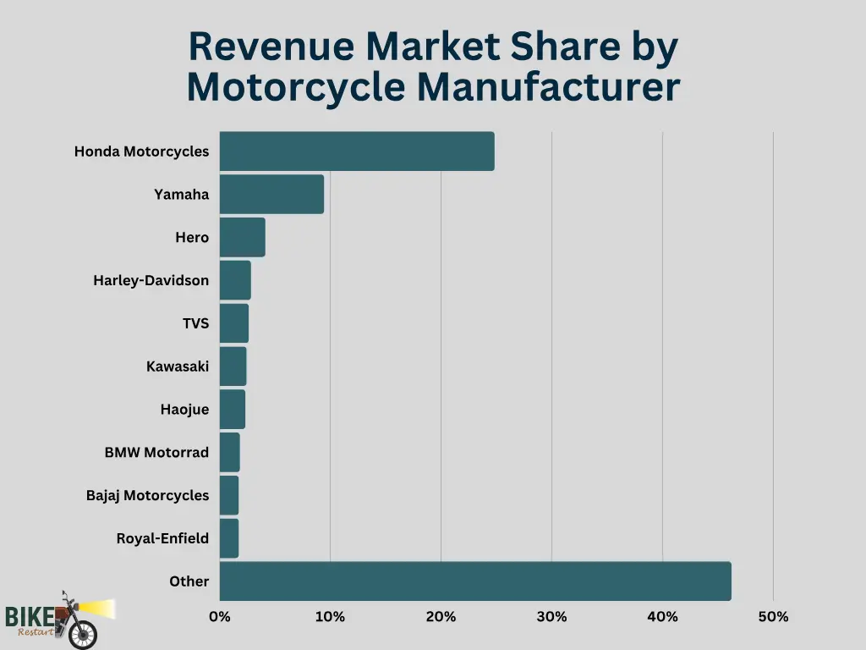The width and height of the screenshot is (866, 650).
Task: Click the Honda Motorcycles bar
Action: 356,151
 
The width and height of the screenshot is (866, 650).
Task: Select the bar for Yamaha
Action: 271,195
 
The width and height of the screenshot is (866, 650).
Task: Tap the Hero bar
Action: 242,238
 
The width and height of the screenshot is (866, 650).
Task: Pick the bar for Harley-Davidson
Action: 235,280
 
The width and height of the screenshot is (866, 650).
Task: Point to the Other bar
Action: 474,581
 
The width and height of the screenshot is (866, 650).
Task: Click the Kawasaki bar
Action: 233,366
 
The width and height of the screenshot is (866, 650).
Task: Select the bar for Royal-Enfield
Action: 229,538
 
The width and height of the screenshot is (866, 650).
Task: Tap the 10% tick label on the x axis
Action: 330,617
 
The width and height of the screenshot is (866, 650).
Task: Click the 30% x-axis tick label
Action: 551,617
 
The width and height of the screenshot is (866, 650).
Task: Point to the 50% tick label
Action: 773,617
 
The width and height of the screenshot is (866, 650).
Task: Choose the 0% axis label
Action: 220,617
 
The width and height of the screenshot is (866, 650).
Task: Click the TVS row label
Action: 195,323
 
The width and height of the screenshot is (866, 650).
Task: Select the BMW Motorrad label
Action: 156,453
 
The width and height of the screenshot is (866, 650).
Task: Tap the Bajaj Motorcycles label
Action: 147,496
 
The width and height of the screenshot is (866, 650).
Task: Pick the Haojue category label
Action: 184,410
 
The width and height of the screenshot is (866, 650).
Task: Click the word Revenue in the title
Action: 271,47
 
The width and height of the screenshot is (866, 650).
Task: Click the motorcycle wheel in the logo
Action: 82,634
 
